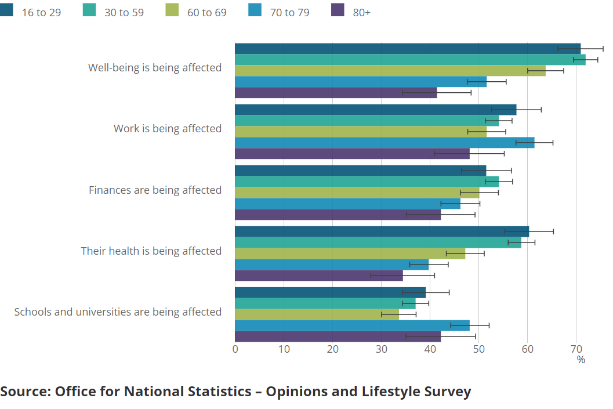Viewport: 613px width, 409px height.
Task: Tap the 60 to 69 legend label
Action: (x=207, y=12)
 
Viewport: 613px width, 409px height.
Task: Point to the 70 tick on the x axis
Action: (x=575, y=349)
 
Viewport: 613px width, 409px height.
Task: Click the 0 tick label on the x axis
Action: (x=235, y=349)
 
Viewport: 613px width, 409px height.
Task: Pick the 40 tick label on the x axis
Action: (x=430, y=349)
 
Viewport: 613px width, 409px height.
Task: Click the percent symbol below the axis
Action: (x=581, y=360)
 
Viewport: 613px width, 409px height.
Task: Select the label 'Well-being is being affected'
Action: (x=155, y=68)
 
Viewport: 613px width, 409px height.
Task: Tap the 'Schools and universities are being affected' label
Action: (x=118, y=312)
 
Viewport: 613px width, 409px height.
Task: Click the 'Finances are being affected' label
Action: (x=155, y=190)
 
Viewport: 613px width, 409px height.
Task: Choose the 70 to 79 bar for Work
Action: (x=385, y=143)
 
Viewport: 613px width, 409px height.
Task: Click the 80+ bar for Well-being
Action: (x=336, y=93)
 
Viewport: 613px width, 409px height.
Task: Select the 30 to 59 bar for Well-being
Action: (x=410, y=60)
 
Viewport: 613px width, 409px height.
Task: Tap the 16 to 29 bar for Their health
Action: (x=382, y=231)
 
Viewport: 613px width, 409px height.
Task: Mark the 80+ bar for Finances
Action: (x=338, y=215)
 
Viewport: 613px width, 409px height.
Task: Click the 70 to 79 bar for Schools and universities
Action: (x=352, y=325)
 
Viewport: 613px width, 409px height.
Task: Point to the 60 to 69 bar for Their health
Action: (x=350, y=254)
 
